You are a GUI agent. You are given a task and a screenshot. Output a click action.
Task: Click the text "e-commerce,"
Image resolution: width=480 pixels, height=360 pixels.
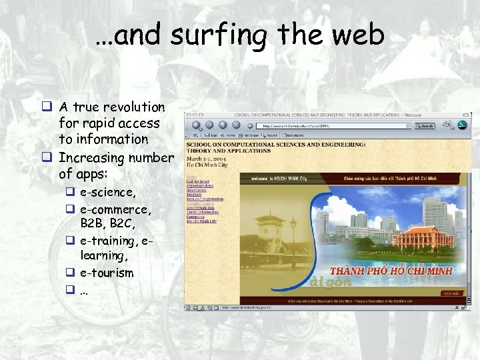pos(115,209)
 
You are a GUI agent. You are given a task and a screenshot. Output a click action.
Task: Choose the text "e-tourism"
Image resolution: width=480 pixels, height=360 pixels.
pos(107,273)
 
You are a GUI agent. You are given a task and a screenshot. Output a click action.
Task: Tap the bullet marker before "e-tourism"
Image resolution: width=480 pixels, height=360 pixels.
pos(69,273)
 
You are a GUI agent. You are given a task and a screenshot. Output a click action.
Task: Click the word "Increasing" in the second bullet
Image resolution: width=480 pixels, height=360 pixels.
pos(91,158)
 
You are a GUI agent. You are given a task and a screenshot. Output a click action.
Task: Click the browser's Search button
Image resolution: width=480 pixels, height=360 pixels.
pos(425,125)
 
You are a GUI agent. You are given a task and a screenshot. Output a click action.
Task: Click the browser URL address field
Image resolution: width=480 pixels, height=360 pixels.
pos(333,125)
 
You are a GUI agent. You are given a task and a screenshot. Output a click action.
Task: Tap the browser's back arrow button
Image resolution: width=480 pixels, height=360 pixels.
pos(195,125)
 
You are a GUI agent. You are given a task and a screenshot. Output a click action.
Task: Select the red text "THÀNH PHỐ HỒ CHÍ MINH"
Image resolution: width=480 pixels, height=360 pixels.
pos(391,271)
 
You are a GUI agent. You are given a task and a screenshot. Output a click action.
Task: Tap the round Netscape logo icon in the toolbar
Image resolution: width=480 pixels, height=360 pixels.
pos(463,125)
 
